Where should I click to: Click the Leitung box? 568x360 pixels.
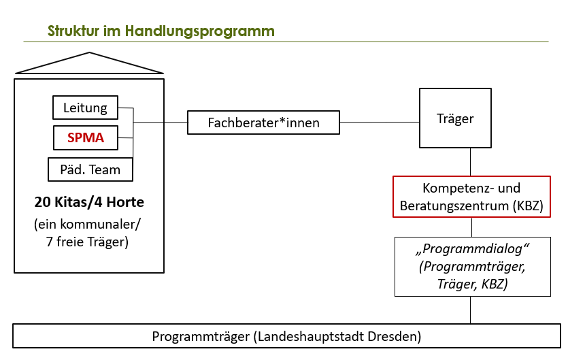tap(85, 107)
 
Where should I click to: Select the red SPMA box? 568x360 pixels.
tap(85, 138)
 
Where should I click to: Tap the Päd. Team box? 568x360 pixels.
tap(90, 169)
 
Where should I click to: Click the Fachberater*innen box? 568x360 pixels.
tap(263, 123)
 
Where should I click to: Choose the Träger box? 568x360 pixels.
tap(454, 118)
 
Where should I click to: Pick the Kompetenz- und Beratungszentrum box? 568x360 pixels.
tap(471, 197)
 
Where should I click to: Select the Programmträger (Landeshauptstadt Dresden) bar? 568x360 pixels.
tap(286, 336)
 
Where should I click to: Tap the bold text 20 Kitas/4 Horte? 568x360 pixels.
tap(89, 202)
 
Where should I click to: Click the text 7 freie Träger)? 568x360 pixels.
tap(90, 242)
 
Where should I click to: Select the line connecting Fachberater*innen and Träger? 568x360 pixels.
tap(380, 122)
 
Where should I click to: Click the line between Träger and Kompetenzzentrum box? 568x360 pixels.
tap(471, 163)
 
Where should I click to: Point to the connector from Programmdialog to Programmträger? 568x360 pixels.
tap(471, 310)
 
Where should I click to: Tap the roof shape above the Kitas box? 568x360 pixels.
tap(89, 65)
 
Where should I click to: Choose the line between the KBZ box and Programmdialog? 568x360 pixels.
tap(471, 227)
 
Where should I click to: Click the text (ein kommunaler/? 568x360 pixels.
tap(90, 225)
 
